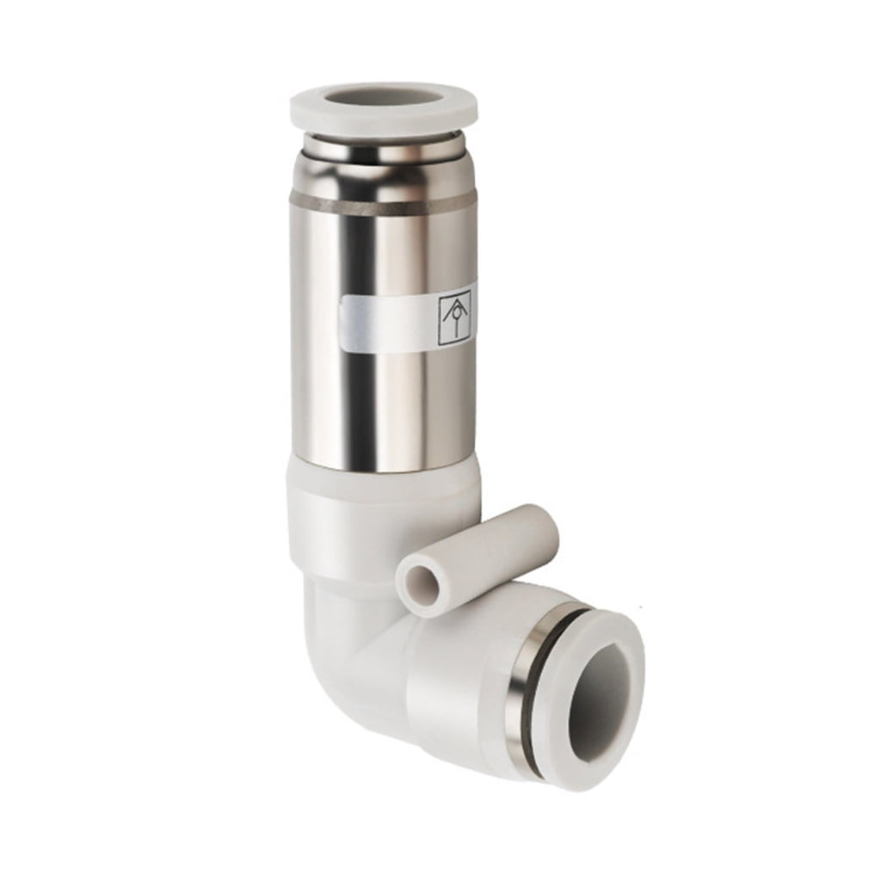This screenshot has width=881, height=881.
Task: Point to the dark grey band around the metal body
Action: click(x=383, y=203)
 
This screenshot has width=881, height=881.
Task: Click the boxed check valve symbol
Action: click(x=454, y=319)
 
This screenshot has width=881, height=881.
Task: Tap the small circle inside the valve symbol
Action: click(x=454, y=315)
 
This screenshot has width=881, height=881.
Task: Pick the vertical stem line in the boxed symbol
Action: click(x=454, y=332)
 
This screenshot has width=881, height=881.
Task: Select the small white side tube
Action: click(x=482, y=551)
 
